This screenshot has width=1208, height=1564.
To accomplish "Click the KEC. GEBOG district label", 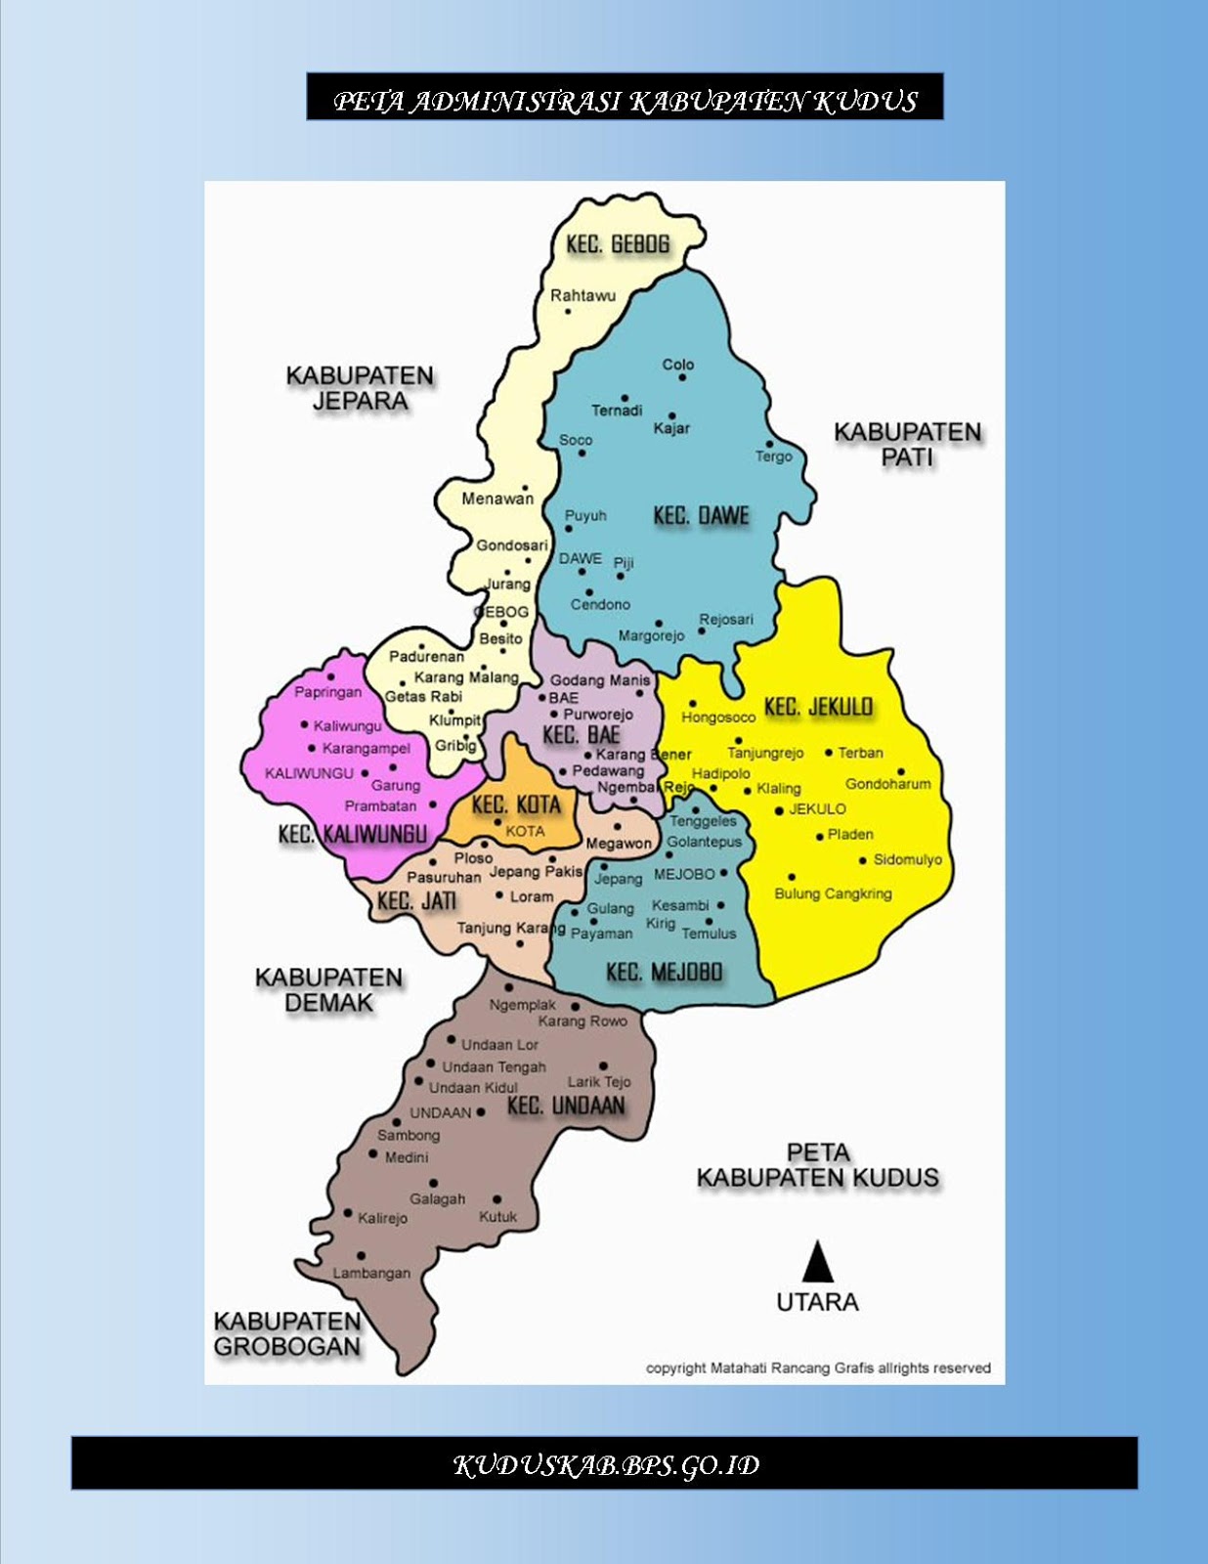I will [x=618, y=244].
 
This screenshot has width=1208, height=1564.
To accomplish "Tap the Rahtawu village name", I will [x=582, y=295].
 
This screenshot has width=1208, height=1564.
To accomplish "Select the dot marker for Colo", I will [x=682, y=377].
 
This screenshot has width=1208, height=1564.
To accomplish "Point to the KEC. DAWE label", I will [x=701, y=516].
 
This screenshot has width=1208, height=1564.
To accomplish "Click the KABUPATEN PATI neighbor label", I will [x=907, y=445].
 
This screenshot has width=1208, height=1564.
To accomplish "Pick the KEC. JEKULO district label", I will [x=818, y=707].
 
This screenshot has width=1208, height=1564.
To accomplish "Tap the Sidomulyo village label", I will [x=907, y=859].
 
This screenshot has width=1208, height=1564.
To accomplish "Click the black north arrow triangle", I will [x=817, y=1262].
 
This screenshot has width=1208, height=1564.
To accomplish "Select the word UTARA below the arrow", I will [x=817, y=1302].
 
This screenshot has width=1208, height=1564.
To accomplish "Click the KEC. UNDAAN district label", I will [x=566, y=1106].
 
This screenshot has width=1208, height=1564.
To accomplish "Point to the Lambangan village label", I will [x=371, y=1273].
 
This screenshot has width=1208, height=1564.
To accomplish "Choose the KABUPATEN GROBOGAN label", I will [x=287, y=1333].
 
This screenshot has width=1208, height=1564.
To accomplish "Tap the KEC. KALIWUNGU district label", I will [x=353, y=834].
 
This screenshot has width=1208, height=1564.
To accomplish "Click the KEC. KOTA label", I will [x=516, y=805].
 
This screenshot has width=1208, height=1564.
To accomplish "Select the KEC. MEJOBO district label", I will [x=664, y=972].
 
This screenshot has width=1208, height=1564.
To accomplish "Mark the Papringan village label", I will [x=328, y=692].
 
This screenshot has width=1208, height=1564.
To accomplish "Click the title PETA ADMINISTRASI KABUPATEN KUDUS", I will [x=625, y=101].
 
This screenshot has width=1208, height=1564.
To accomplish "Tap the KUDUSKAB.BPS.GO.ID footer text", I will [x=605, y=1464].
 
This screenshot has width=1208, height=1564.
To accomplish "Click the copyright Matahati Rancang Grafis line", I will [x=818, y=1368].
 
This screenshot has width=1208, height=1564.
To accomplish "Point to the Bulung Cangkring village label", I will [x=833, y=893].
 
